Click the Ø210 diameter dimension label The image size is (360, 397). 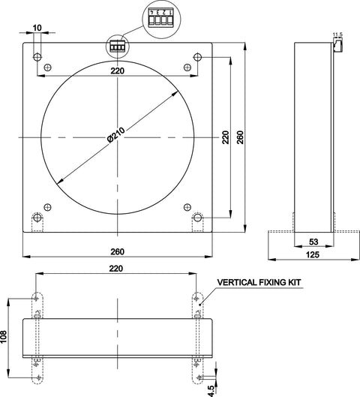115,135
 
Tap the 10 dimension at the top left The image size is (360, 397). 37,28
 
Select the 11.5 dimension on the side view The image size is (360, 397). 337,35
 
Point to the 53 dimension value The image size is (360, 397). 313,242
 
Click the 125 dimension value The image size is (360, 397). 313,254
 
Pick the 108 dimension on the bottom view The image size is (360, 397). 4,337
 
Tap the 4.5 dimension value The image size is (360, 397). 211,391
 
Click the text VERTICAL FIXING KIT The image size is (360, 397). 259,282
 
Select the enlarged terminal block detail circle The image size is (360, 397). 161,20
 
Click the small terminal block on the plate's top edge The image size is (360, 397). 118,47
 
